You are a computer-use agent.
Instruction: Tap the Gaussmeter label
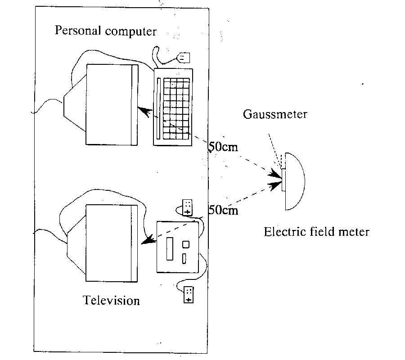275,114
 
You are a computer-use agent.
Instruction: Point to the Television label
111,300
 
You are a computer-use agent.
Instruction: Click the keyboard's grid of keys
176,108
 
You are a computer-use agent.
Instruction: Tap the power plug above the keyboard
185,58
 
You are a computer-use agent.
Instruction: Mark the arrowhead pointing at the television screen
147,242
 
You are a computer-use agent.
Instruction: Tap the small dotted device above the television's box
188,207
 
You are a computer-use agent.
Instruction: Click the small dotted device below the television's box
189,294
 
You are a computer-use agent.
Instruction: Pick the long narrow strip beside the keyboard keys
158,108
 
